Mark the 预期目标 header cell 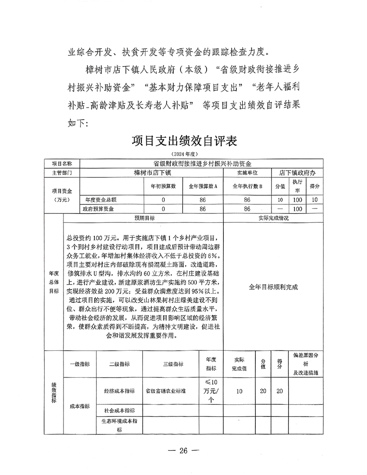(x=143, y=218)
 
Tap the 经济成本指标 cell (x=119, y=391)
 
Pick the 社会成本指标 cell (x=119, y=411)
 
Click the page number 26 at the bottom (x=183, y=450)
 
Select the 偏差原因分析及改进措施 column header (x=306, y=364)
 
